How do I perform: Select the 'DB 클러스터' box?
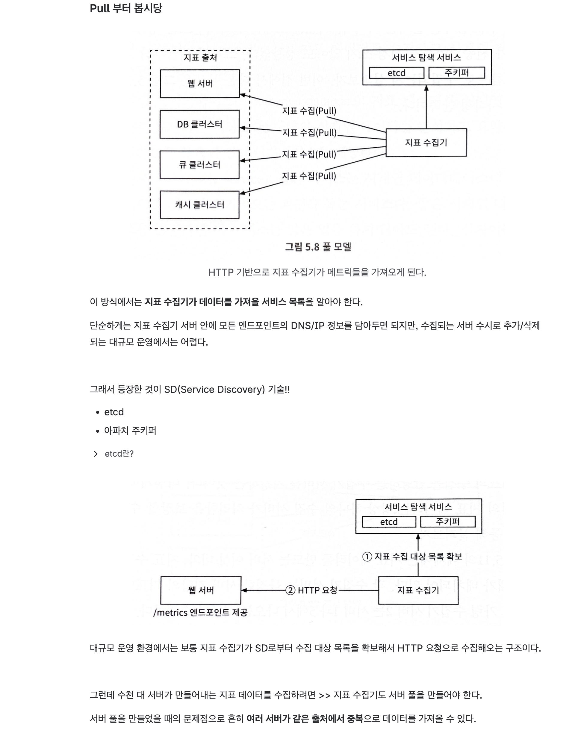[199, 124]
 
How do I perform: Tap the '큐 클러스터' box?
[199, 165]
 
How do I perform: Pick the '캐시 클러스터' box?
[199, 205]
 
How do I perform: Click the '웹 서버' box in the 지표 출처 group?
[200, 84]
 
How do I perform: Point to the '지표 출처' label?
[200, 57]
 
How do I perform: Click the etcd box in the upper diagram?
[396, 73]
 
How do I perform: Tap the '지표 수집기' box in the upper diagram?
[426, 143]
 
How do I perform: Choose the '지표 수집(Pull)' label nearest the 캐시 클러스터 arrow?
[309, 176]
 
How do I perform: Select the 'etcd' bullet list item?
[114, 412]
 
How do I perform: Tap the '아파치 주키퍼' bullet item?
[130, 431]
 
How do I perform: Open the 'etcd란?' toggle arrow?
[96, 454]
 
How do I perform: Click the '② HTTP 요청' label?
[311, 590]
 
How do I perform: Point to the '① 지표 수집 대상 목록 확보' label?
[412, 557]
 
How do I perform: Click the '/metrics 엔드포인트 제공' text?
[200, 613]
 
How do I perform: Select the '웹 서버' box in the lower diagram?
[201, 590]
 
